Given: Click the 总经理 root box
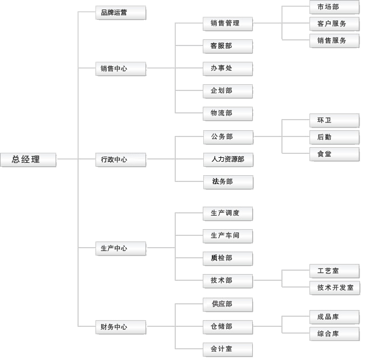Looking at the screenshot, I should point(28,160).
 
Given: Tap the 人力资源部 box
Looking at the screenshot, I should point(227,160).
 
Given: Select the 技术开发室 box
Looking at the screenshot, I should point(335,288).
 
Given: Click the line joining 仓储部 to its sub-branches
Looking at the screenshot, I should point(267,326).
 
